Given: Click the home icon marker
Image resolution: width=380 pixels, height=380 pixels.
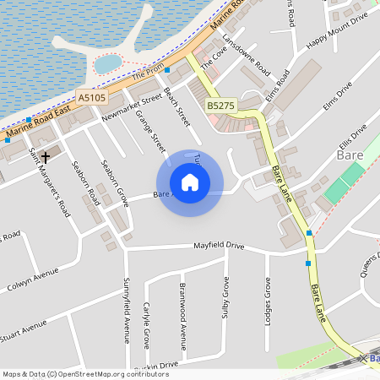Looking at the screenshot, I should coord(190,182).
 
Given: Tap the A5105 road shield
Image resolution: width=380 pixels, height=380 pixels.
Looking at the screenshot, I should coord(92,99).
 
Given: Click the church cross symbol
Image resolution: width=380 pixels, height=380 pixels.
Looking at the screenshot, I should coord(46,156).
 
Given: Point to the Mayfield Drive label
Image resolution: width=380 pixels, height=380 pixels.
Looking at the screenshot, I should coord(220,246).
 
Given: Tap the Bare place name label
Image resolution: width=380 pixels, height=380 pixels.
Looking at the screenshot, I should coord(349,155).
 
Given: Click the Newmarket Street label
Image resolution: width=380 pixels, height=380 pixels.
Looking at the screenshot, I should coord(131,108).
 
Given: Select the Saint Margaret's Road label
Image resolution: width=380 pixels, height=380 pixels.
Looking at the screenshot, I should coord(49,182).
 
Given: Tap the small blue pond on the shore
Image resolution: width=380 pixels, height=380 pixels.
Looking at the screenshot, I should coord(107,63).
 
